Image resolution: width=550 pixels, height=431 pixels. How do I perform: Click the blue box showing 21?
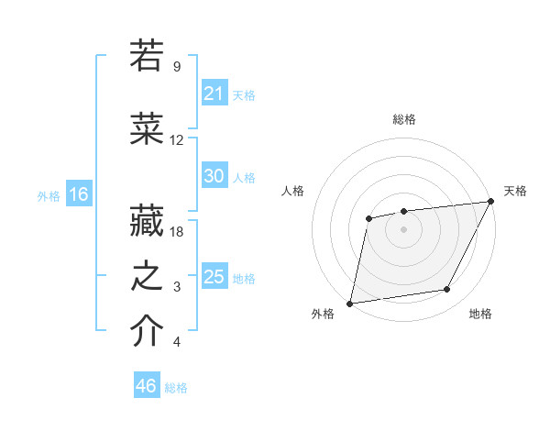pos(214,94)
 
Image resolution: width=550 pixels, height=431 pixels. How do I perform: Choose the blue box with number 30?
pos(214,176)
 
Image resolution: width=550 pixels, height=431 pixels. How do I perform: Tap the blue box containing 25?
pos(214,277)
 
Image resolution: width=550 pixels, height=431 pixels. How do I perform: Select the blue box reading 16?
pos(78,194)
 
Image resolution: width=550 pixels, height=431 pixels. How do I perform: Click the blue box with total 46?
pos(147,386)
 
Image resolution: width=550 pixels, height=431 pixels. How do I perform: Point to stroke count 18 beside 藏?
pos(178,232)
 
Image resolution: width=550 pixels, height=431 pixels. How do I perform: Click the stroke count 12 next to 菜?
pos(177,140)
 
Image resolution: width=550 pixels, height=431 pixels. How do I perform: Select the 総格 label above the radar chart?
pos(404,119)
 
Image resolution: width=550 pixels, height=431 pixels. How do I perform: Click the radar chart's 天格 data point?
pos(491,202)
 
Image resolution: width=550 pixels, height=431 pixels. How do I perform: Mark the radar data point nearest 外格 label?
pos(349,303)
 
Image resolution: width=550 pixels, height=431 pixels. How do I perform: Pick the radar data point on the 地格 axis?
pos(447,290)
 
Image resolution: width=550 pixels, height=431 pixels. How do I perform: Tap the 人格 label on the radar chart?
pos(293,191)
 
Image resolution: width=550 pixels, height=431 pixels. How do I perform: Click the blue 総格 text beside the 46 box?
pos(176,388)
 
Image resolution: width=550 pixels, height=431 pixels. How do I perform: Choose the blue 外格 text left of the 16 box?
pos(49,195)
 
